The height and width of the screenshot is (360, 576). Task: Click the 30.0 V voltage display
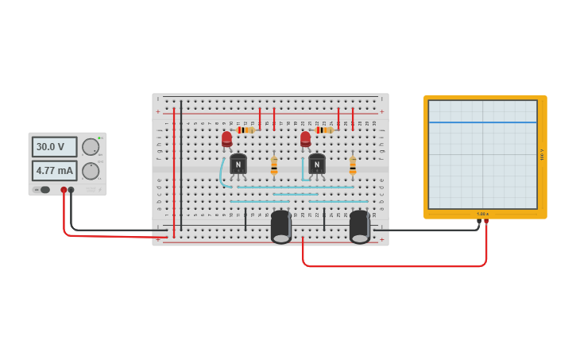pyautogui.click(x=54, y=147)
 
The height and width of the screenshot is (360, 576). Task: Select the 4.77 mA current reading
pyautogui.click(x=54, y=170)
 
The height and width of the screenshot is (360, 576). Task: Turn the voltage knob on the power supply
pyautogui.click(x=91, y=147)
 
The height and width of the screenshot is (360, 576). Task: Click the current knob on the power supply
pyautogui.click(x=91, y=171)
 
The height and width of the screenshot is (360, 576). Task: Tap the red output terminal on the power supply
pyautogui.click(x=64, y=190)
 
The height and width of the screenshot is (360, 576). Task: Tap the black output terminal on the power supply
pyautogui.click(x=72, y=190)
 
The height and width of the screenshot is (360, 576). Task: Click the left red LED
pyautogui.click(x=226, y=139)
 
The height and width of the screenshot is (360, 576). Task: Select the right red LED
pyautogui.click(x=305, y=139)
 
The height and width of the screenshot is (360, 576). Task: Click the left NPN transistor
pyautogui.click(x=238, y=164)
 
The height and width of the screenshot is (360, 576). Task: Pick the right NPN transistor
pyautogui.click(x=317, y=164)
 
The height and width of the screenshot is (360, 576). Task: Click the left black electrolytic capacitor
pyautogui.click(x=280, y=226)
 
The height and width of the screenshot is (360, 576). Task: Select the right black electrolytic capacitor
pyautogui.click(x=359, y=226)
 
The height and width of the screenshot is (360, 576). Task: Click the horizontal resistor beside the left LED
pyautogui.click(x=245, y=130)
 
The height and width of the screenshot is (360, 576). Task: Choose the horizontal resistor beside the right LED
pyautogui.click(x=323, y=130)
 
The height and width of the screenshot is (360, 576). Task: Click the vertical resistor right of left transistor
pyautogui.click(x=274, y=165)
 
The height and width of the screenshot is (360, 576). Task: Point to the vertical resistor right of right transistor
pyautogui.click(x=353, y=165)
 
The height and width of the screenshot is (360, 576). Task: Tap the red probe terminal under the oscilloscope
pyautogui.click(x=486, y=223)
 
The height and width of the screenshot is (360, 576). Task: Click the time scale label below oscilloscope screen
pyautogui.click(x=482, y=214)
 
